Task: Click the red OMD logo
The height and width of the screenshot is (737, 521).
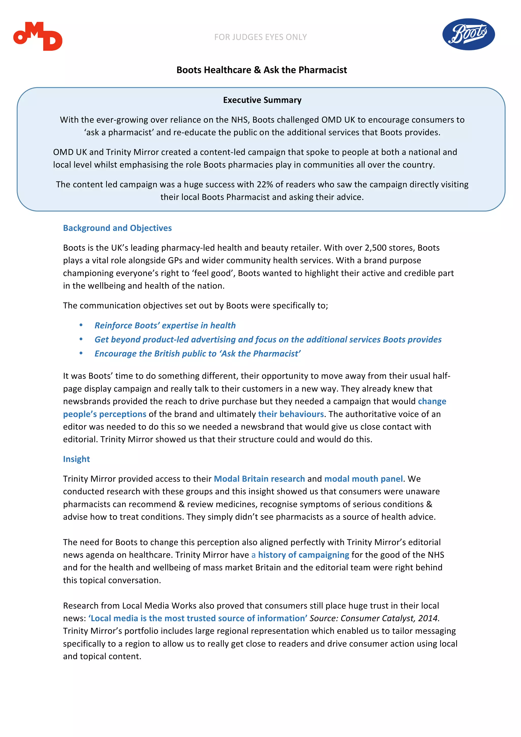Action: point(38,36)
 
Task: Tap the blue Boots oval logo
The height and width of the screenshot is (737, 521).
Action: point(468,34)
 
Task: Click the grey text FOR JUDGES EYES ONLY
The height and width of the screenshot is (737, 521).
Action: point(260,37)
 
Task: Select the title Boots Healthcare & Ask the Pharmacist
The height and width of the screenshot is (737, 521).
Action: point(262,70)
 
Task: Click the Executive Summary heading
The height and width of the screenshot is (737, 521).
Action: point(262,100)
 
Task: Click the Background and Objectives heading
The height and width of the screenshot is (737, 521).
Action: point(117,228)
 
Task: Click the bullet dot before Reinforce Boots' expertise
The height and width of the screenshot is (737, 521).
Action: point(81,325)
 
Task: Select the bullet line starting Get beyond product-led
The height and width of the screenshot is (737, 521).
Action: point(268,340)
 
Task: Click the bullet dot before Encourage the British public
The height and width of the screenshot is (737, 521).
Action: point(81,353)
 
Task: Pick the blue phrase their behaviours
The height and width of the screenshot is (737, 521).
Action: point(291,414)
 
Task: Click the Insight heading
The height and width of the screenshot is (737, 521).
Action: point(76,459)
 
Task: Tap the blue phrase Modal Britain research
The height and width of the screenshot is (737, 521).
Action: point(259,479)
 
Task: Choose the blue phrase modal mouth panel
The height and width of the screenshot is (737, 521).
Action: point(363,479)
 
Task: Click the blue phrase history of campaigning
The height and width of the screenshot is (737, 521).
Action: point(303,555)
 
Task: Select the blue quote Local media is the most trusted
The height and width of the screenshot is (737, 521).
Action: point(198,618)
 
